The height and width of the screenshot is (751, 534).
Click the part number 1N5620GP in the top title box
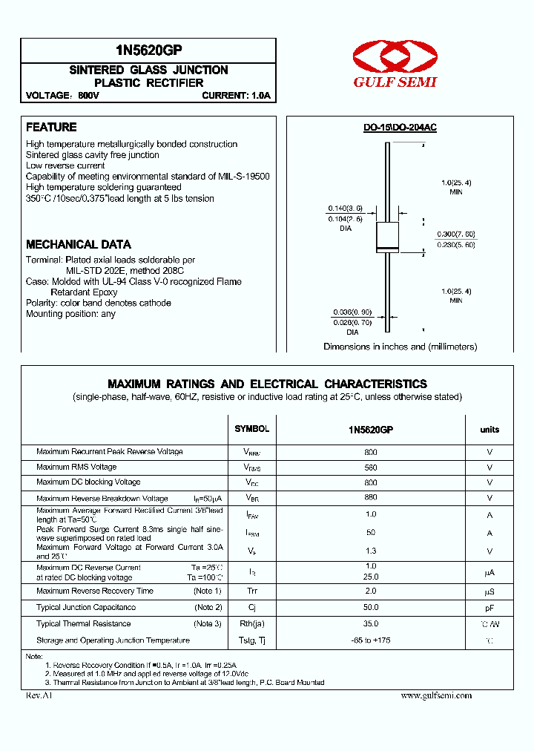(x=148, y=50)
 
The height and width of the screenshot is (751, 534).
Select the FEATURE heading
(x=51, y=128)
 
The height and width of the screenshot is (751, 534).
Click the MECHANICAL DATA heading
(x=79, y=244)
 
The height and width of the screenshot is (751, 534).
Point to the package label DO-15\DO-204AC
(x=400, y=128)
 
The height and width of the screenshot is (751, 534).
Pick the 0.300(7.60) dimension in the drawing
(x=455, y=233)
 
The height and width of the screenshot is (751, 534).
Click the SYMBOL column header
(x=252, y=429)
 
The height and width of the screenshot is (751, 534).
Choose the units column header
(x=489, y=429)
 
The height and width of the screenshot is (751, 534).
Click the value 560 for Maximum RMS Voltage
(x=371, y=468)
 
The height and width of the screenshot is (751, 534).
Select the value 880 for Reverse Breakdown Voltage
(x=371, y=499)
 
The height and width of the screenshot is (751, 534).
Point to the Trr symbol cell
(x=252, y=591)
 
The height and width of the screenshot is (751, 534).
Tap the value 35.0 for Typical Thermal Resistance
(x=371, y=624)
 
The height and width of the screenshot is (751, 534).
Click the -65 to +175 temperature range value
(x=371, y=640)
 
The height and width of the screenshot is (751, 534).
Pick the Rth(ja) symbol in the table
(x=252, y=624)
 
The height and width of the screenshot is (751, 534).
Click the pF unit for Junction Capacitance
(x=489, y=608)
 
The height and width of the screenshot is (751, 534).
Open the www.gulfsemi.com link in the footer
(x=436, y=695)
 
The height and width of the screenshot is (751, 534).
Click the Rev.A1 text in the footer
(x=39, y=695)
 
